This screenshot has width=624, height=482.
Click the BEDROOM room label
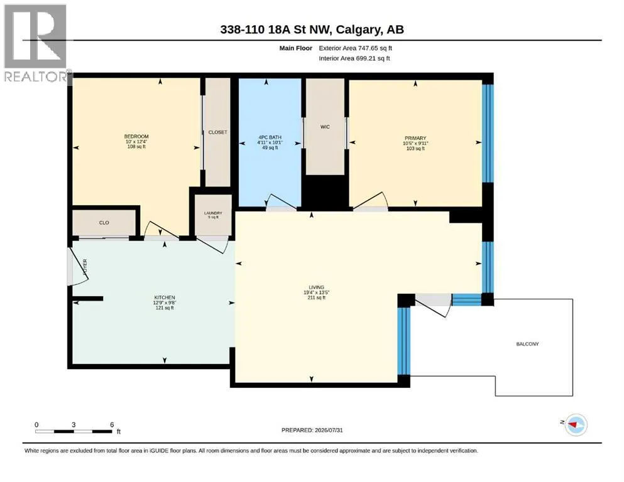click(136, 136)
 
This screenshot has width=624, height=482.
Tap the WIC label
click(325, 127)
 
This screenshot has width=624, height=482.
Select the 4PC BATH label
click(270, 137)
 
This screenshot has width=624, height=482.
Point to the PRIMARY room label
click(415, 138)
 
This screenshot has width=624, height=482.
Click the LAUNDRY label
click(213, 213)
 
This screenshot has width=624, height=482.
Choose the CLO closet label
click(104, 223)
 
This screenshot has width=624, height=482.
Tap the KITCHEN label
click(165, 297)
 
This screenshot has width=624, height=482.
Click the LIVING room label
click(316, 287)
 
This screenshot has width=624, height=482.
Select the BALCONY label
click(527, 344)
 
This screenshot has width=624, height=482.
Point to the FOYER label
click(85, 267)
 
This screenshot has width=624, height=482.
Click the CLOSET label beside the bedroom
click(217, 132)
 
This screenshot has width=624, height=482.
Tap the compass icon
click(576, 425)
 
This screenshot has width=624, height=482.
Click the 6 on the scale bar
click(112, 424)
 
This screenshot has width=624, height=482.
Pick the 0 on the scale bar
click(36, 424)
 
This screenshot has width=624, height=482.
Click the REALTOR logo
click(36, 43)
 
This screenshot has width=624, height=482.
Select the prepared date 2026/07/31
click(329, 430)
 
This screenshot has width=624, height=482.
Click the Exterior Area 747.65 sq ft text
click(356, 48)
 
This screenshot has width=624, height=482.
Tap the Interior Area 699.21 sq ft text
click(354, 58)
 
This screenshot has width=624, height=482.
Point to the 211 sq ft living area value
click(316, 297)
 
